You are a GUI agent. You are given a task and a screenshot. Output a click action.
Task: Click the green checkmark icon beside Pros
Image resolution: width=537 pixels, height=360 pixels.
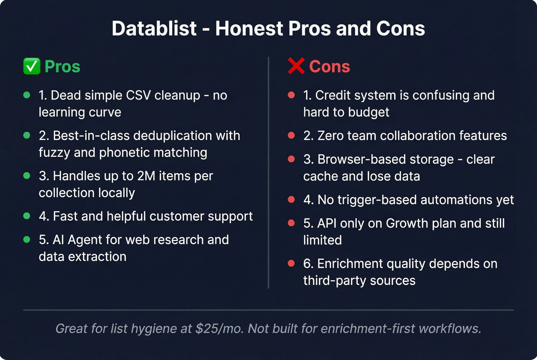point(31,66)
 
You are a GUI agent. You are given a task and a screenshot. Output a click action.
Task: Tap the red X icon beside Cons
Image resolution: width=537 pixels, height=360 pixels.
point(296,66)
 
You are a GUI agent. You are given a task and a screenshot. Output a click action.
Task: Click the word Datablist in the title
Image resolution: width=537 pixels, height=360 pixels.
point(154,29)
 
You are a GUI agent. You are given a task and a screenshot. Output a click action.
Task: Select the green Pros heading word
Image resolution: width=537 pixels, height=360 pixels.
point(63,67)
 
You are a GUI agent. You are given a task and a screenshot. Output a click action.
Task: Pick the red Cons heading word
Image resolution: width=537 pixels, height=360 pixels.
point(329,67)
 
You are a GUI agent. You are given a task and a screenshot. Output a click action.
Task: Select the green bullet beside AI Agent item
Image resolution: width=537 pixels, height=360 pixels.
point(27,240)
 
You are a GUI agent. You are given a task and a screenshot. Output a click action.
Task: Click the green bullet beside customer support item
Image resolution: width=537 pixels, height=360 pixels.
point(27,216)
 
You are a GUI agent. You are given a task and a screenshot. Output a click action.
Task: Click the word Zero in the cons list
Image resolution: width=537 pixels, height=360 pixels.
point(331,136)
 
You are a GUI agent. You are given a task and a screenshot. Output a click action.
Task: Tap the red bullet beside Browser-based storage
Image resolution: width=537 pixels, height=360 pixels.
point(292,159)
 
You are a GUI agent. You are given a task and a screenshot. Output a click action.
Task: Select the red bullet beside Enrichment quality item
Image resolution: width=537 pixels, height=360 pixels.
point(292,263)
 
